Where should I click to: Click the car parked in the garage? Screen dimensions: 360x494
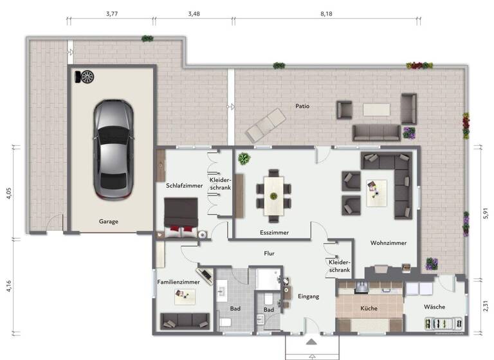[114, 149]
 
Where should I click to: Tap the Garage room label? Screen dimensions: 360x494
[108, 221]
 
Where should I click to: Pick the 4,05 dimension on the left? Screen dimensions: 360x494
[9, 194]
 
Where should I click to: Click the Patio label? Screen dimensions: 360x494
[303, 106]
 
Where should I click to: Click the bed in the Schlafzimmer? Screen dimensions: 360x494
[181, 217]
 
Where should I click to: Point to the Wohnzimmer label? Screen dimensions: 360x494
[388, 243]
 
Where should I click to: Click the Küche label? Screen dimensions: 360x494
[369, 309]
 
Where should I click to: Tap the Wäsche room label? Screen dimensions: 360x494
[434, 307]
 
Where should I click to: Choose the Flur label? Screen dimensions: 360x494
[269, 253]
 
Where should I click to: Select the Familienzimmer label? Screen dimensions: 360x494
[178, 282]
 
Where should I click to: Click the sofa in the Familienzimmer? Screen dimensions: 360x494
[185, 319]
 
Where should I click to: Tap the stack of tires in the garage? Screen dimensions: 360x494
[85, 76]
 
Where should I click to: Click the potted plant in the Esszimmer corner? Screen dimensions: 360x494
[244, 158]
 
